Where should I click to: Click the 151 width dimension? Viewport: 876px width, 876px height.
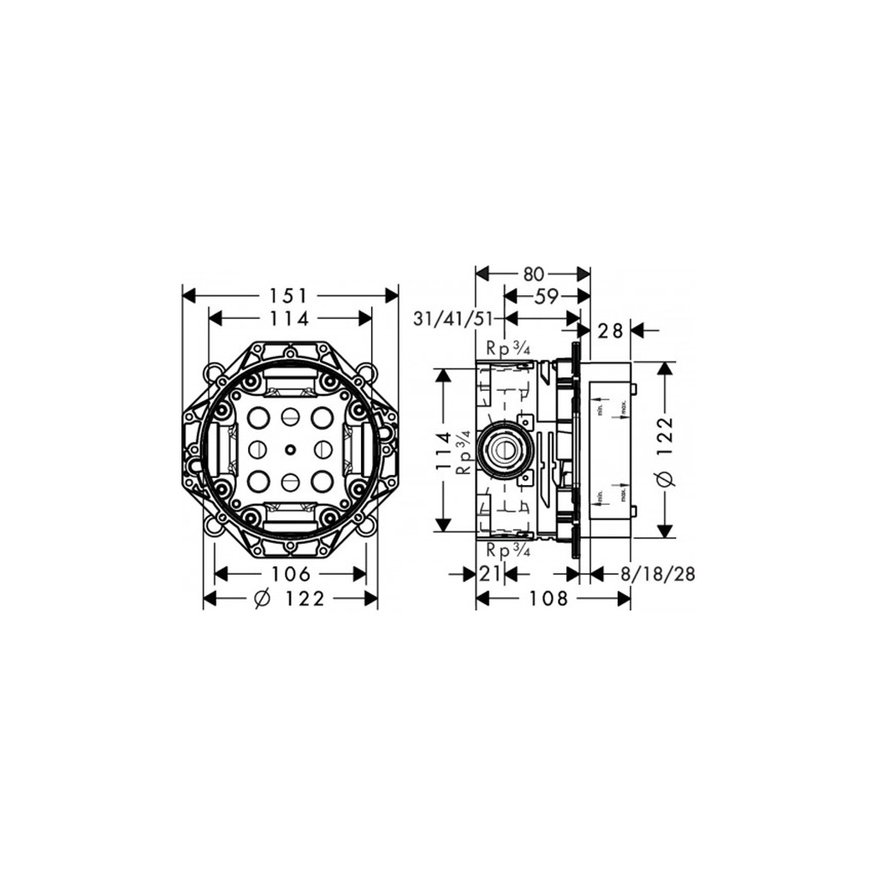tap(290, 295)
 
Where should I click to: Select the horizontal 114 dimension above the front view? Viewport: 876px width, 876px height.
tap(290, 318)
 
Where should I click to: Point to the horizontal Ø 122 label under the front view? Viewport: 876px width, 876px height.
tap(290, 599)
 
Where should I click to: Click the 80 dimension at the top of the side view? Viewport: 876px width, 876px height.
tap(533, 274)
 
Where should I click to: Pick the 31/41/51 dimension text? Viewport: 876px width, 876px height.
tap(453, 319)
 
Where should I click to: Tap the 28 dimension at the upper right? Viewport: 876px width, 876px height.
tap(610, 330)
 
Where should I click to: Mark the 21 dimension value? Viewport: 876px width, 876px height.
tap(489, 574)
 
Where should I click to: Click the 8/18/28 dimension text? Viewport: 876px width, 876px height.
tap(656, 574)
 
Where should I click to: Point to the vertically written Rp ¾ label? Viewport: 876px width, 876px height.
tap(463, 453)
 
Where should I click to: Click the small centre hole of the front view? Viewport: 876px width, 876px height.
tap(291, 449)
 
